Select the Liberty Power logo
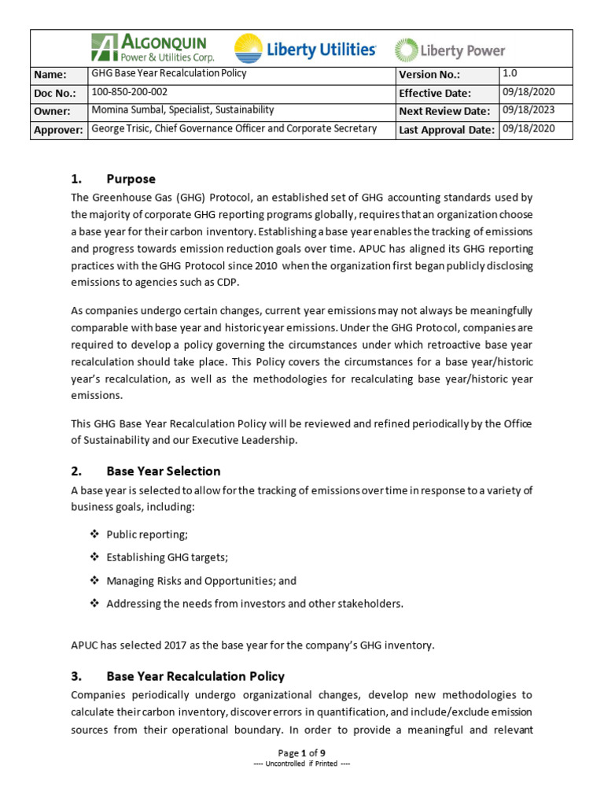449,50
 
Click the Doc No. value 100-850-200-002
130,92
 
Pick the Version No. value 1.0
510,73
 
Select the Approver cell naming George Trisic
234,129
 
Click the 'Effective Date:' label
434,93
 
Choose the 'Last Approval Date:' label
447,130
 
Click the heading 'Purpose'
131,179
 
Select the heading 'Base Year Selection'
163,471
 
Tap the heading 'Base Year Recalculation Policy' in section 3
195,677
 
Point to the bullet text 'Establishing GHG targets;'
167,558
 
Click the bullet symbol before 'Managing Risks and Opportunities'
94,581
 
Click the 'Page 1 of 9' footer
302,753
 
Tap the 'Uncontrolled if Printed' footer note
302,764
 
